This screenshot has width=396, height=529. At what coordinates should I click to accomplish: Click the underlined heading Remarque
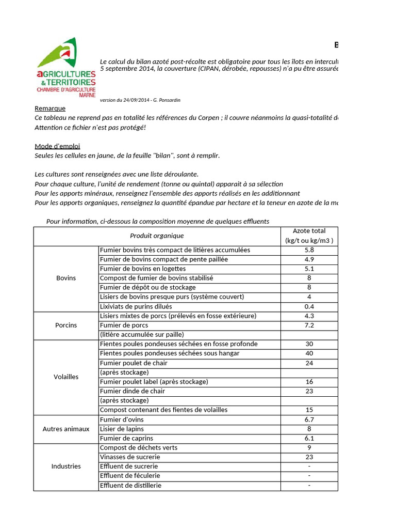point(50,108)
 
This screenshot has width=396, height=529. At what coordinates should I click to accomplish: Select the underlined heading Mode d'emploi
point(57,146)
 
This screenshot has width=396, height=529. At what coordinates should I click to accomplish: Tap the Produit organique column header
point(157,236)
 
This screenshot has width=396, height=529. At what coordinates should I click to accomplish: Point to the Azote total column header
point(309,236)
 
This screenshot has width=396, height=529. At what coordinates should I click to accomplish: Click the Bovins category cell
point(66,278)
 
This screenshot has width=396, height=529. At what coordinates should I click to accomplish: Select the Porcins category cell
point(66,325)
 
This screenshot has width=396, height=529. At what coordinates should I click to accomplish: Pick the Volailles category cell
point(66,377)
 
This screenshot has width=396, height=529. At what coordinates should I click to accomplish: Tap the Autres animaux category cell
point(66,429)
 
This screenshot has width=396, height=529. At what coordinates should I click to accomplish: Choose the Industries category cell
point(66,466)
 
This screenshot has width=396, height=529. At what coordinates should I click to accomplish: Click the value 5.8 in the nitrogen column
point(309,250)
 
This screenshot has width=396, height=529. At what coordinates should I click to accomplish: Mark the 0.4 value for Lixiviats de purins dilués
point(309,306)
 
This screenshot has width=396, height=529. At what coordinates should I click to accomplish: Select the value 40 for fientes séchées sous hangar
point(309,353)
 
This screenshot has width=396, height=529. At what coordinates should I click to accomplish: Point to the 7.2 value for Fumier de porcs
point(309,325)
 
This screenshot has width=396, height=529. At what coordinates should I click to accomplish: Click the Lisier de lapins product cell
point(122,429)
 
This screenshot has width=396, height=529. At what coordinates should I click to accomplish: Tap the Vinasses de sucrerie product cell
point(130,457)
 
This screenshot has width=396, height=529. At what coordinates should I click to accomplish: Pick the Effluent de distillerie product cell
point(130,485)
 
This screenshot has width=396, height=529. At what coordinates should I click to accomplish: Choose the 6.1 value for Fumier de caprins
point(309,438)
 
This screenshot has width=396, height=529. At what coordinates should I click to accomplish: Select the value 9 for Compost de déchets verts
point(309,447)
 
